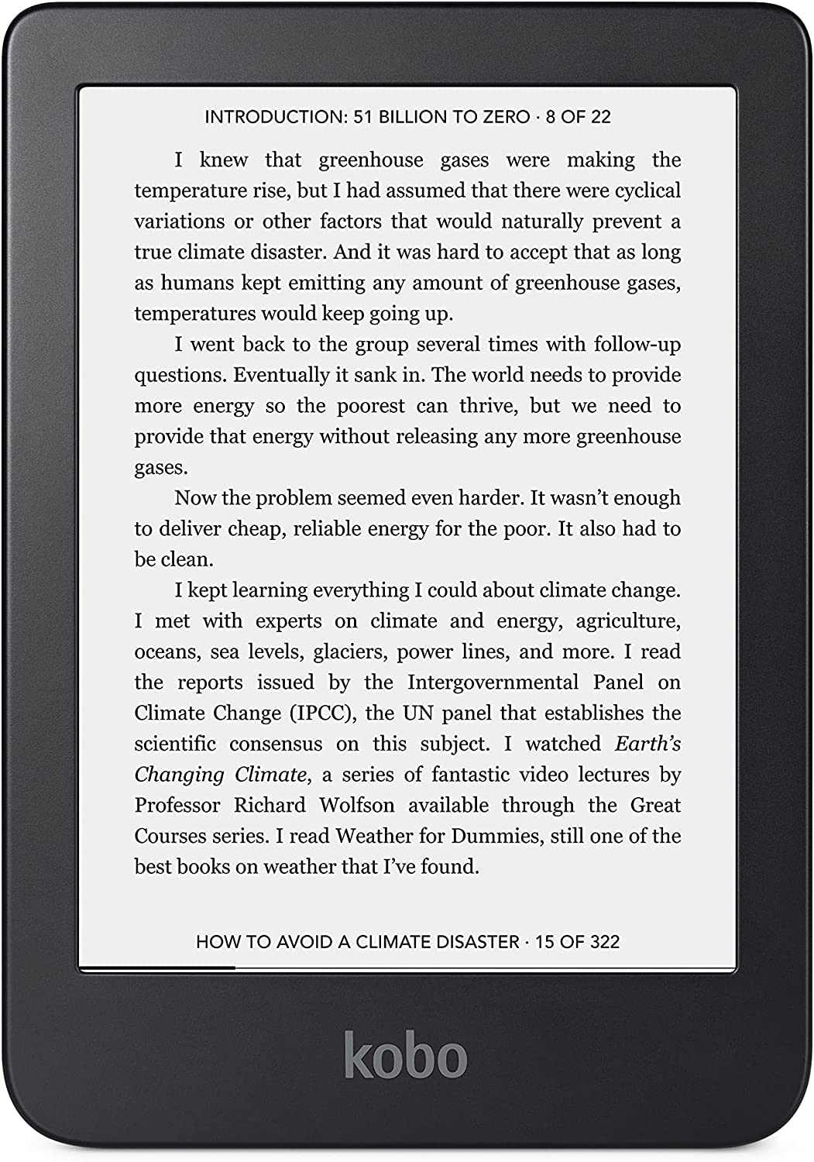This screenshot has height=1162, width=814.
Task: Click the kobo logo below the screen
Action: pos(406,1054)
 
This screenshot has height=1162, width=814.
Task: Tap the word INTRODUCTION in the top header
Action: pos(274,117)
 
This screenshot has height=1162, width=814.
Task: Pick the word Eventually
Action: pos(282,375)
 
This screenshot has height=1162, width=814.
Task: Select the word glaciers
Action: pos(349,652)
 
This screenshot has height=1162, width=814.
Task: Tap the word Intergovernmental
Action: pos(493,682)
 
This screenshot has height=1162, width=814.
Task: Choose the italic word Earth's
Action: pos(647,744)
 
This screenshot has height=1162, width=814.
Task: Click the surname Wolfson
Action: pos(357,806)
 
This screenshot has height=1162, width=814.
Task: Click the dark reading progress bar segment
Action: pos(157,968)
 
